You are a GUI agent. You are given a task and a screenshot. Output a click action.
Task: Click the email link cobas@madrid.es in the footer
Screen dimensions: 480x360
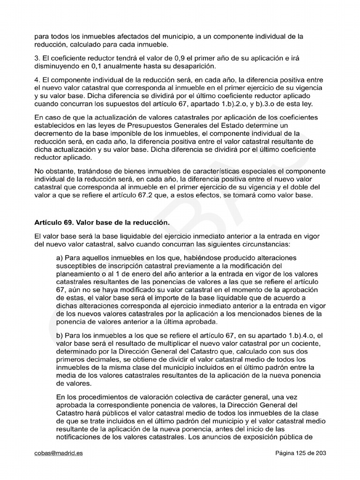(x=59, y=453)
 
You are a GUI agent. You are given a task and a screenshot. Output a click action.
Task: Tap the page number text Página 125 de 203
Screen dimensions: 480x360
(x=300, y=453)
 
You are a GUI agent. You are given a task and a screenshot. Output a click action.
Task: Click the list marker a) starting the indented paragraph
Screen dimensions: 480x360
(x=60, y=258)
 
